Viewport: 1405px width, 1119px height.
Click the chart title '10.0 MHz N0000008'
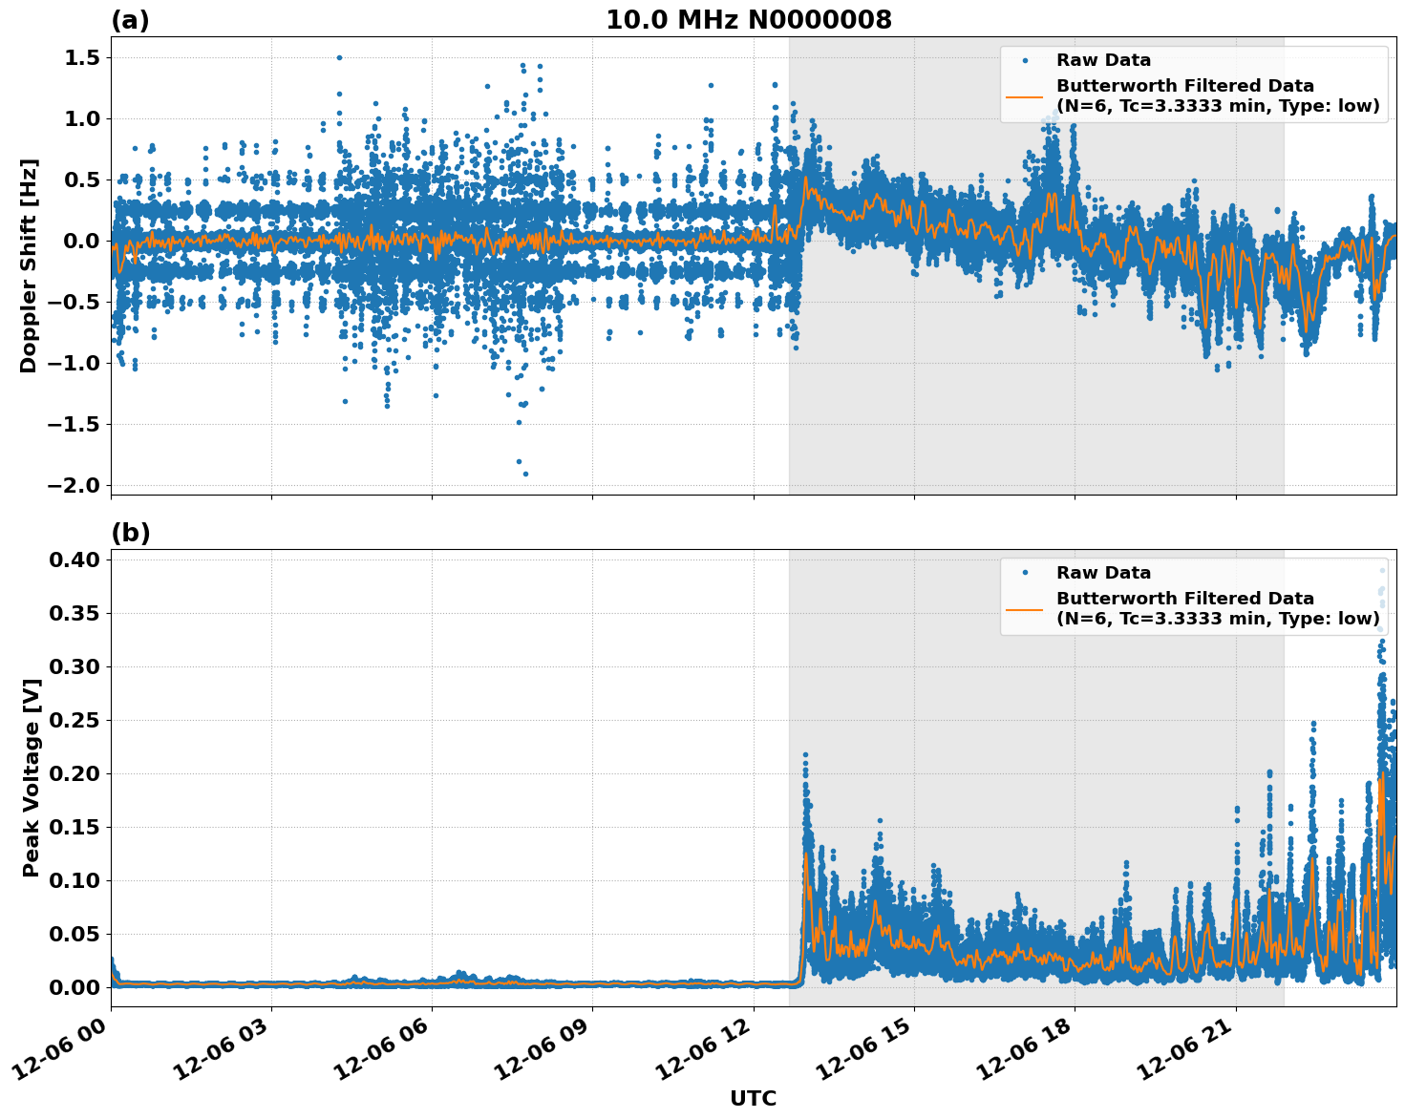tap(748, 20)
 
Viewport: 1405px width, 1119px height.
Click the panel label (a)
tap(130, 20)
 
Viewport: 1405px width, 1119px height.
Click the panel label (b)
tap(130, 533)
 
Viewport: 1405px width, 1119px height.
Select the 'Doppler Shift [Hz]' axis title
tap(30, 265)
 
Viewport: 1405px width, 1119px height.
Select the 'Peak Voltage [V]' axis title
tap(32, 798)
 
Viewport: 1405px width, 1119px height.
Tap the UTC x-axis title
tap(753, 1098)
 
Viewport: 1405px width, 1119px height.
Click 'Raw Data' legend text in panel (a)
tap(1103, 60)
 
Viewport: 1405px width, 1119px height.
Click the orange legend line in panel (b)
tap(1024, 609)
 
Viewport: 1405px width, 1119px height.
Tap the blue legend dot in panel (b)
tap(1024, 573)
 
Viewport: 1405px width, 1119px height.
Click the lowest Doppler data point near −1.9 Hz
tap(525, 474)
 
